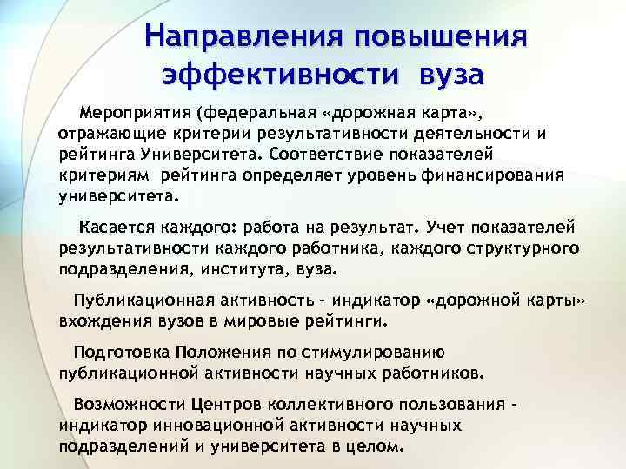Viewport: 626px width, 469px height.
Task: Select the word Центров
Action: [229, 406]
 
